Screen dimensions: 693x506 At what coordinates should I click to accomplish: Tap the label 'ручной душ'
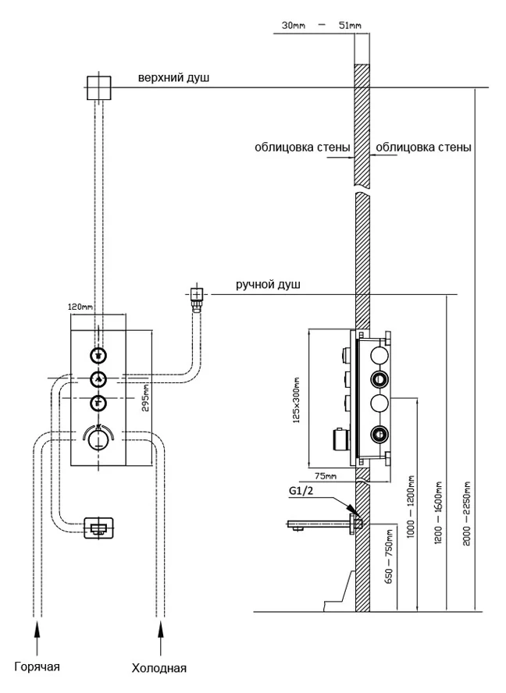click(268, 285)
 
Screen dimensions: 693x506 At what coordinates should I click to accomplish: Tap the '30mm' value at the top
click(294, 27)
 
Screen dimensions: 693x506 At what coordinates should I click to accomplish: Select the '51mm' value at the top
click(349, 27)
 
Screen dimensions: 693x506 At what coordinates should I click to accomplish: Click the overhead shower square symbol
click(98, 87)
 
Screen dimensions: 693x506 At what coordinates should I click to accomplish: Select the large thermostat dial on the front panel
click(98, 439)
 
